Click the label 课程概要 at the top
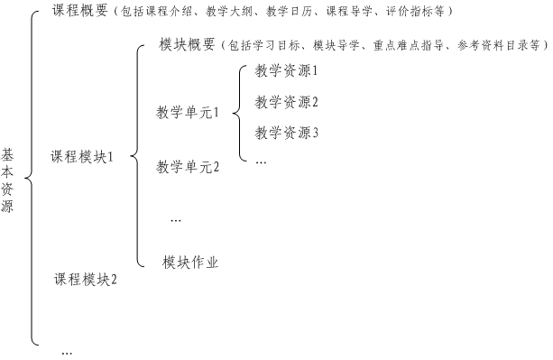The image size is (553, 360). pos(80,12)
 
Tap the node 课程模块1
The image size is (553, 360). pos(82,156)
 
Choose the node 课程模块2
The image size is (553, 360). pos(86,279)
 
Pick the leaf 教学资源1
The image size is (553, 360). pos(287,69)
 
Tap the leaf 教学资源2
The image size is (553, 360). pos(287,101)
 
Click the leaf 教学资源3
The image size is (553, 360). pos(287,133)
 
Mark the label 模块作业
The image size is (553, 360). pos(191,263)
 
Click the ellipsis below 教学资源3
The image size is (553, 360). pos(261,162)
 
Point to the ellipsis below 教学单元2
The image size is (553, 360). pos(176,220)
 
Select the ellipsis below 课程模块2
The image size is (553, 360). pos(66,353)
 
